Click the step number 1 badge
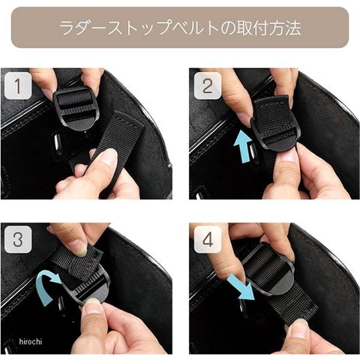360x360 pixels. (18, 85)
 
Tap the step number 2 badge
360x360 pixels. (208, 85)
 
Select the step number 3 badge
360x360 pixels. (18, 239)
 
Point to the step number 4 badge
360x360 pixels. (208, 239)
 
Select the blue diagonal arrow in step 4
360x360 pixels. (241, 287)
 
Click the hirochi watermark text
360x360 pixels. (31, 341)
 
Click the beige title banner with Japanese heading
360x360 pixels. (180, 27)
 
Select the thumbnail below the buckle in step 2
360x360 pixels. (288, 155)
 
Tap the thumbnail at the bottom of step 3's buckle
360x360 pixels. (93, 304)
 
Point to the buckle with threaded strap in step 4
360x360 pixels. (268, 270)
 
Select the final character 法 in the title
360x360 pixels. (292, 28)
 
